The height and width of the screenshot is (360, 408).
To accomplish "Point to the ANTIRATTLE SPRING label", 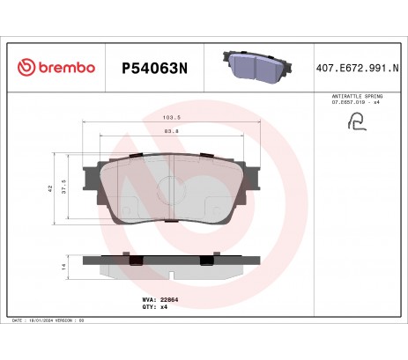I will point(356,94).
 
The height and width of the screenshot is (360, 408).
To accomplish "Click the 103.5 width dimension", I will point(173,117).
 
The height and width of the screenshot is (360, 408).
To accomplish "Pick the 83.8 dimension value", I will point(173,131).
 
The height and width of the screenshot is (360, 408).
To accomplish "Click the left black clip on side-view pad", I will point(136,260).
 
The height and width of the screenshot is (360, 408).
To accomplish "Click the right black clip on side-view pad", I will point(207,260).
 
